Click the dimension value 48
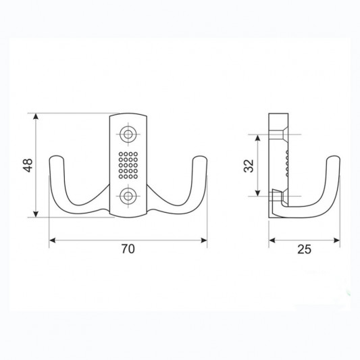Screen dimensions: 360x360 point(28,165)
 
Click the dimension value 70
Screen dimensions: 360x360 point(128,249)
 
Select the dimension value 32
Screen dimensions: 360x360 point(249,165)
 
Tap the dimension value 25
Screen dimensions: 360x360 point(304,249)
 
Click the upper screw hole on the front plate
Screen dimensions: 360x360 point(128,134)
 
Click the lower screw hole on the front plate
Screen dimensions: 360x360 point(128,197)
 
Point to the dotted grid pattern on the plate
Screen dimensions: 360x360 point(128,165)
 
